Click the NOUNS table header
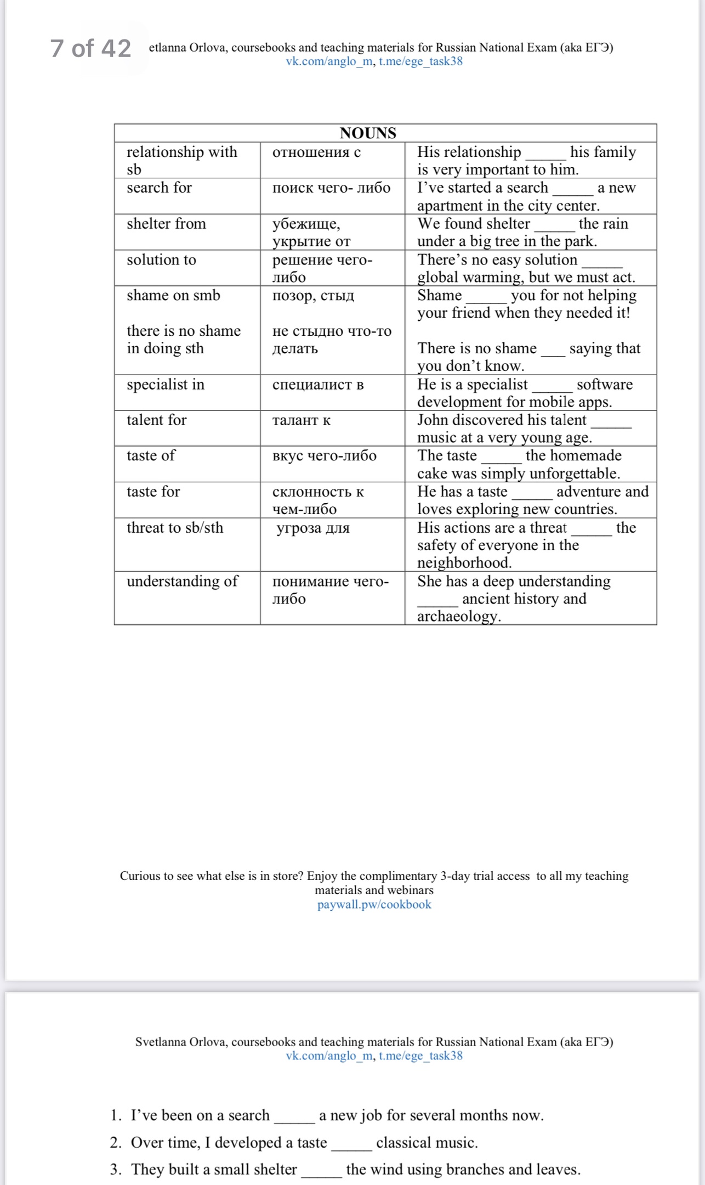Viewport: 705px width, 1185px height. [368, 133]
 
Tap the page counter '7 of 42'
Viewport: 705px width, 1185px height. [91, 48]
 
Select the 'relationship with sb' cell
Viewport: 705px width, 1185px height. [181, 160]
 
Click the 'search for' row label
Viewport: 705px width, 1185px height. [159, 188]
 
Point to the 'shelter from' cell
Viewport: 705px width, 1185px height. [166, 224]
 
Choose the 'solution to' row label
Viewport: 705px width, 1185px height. [161, 259]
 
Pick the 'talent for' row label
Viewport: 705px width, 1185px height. [156, 420]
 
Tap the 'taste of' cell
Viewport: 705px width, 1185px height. [151, 456]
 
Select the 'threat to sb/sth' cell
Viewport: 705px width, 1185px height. [175, 528]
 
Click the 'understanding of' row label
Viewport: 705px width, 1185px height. [182, 581]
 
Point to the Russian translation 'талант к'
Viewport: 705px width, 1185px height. [302, 421]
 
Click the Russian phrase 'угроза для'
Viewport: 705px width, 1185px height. [313, 528]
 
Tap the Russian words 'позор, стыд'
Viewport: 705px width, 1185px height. [313, 296]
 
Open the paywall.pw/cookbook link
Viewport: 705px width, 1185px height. [374, 905]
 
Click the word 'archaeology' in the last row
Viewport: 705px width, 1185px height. [458, 617]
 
